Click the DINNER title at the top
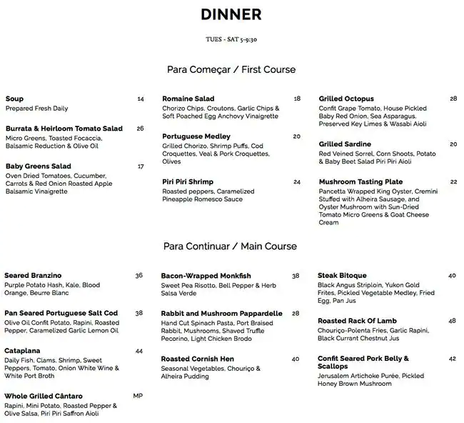(231, 14)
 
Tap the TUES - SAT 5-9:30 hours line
(231, 41)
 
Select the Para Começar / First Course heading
(231, 70)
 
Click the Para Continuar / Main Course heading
(230, 247)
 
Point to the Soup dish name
(14, 99)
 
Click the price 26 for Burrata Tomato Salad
(140, 129)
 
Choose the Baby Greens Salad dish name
(38, 166)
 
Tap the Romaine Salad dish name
(188, 99)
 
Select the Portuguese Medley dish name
(196, 136)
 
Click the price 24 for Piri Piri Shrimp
(297, 181)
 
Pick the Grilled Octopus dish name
(346, 99)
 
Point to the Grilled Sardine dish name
(345, 144)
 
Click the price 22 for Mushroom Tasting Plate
(453, 181)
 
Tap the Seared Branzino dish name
(33, 275)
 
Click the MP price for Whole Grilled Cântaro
(138, 396)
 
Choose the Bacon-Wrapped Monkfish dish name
(205, 275)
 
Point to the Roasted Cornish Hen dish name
(198, 359)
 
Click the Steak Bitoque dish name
(342, 275)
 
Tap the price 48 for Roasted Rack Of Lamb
(453, 321)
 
